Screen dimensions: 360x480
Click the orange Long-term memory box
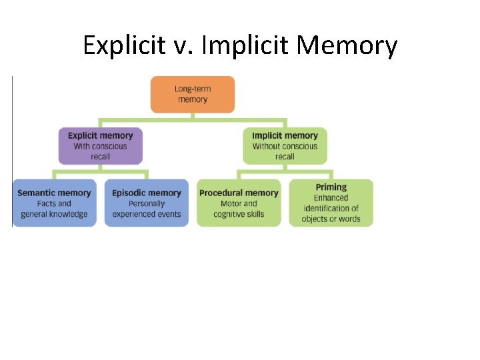click(192, 94)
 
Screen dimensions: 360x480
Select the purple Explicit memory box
click(100, 145)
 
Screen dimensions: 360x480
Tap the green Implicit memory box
click(285, 145)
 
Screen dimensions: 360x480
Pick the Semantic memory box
click(54, 203)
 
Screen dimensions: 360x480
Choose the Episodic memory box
click(146, 203)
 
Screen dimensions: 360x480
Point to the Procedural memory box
click(239, 203)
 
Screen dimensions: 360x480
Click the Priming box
click(331, 203)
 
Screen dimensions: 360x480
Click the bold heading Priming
click(331, 187)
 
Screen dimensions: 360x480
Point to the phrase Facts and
click(54, 203)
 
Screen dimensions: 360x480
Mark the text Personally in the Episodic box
click(147, 203)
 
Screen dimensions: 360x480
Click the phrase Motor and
click(239, 203)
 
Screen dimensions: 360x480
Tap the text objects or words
click(331, 219)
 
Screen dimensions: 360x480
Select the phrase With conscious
click(100, 146)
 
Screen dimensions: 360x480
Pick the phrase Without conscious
click(285, 146)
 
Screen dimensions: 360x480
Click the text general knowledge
click(54, 214)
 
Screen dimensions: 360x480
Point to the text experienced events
click(147, 214)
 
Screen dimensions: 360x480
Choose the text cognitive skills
click(239, 214)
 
